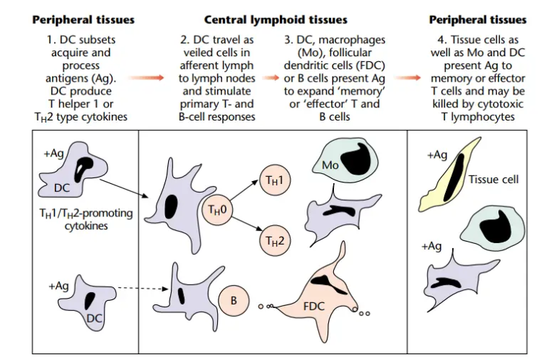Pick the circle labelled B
pyautogui.click(x=234, y=300)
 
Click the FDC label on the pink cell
pyautogui.click(x=314, y=305)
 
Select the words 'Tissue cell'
pyautogui.click(x=494, y=179)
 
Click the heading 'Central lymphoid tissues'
pyautogui.click(x=276, y=19)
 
